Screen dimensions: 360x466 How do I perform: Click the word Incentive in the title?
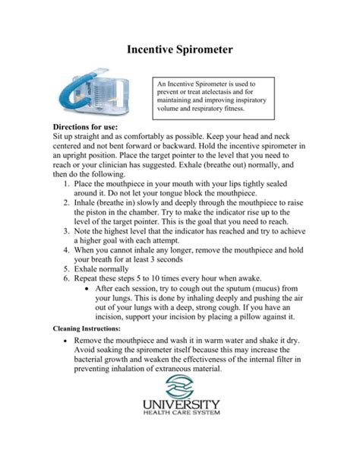point(148,51)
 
